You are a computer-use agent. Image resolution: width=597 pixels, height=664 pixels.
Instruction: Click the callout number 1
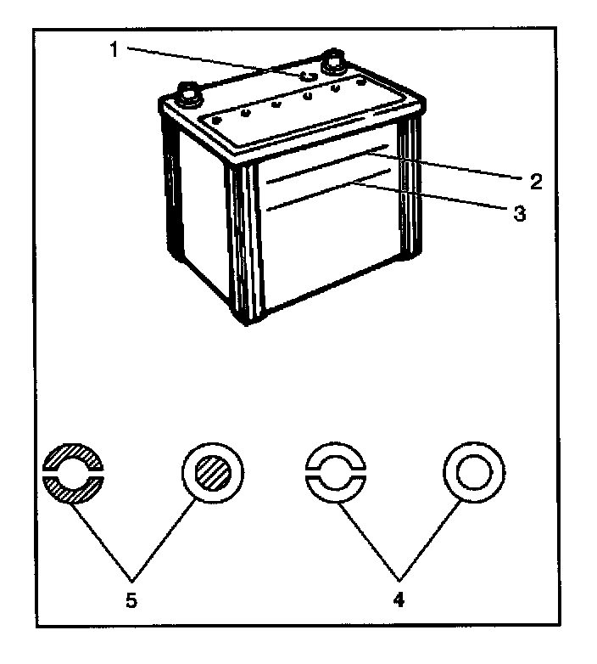(114, 50)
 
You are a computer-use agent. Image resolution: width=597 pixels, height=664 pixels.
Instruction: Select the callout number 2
(535, 182)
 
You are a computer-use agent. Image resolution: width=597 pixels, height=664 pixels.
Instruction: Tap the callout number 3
(520, 213)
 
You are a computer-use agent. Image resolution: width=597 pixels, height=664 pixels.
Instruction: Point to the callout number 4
(399, 599)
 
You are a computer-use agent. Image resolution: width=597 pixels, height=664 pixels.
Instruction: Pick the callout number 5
(131, 599)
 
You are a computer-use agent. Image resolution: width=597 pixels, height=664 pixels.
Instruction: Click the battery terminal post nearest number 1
(333, 62)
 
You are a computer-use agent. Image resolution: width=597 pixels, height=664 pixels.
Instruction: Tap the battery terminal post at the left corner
(189, 94)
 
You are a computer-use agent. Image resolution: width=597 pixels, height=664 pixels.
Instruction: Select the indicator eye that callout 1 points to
(308, 76)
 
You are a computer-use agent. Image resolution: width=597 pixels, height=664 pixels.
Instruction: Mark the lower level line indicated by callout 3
(328, 189)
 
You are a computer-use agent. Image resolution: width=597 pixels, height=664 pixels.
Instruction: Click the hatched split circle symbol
(74, 474)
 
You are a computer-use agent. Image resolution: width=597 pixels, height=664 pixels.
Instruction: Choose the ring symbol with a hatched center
(213, 473)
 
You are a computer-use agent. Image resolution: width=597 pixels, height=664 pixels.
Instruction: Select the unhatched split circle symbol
(336, 474)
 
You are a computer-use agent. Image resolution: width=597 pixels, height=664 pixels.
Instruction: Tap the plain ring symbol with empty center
(474, 473)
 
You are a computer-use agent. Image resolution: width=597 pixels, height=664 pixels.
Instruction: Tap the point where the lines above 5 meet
(132, 579)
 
